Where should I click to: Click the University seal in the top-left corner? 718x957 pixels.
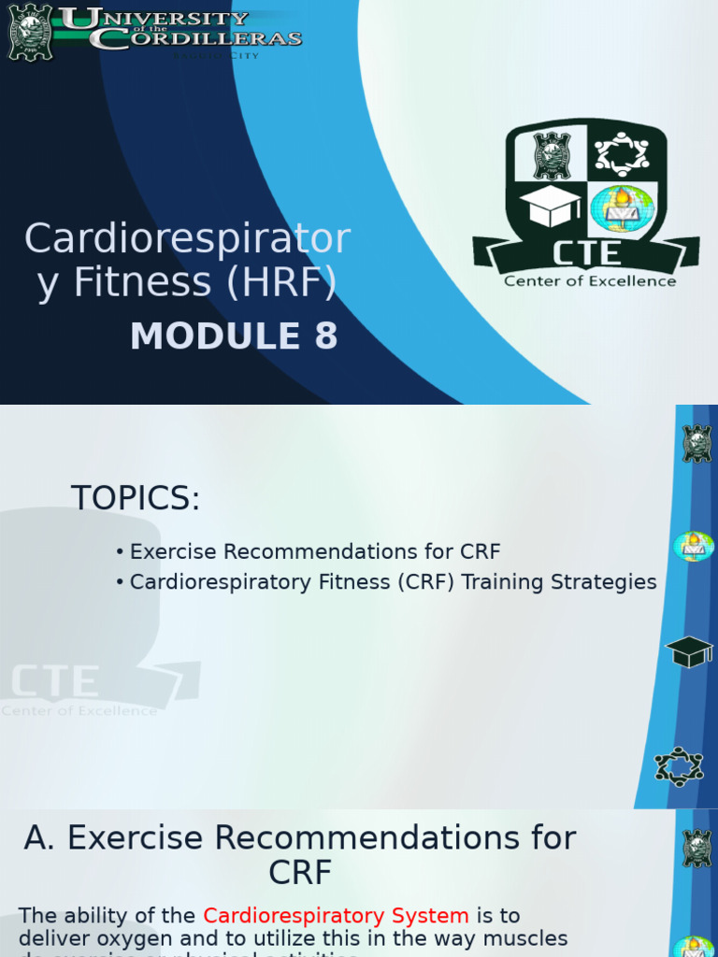click(31, 32)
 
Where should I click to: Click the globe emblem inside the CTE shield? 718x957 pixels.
click(621, 207)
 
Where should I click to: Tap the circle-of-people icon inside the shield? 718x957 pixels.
click(622, 153)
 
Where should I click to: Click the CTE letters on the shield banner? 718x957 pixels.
click(585, 252)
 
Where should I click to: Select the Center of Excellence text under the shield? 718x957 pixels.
click(590, 280)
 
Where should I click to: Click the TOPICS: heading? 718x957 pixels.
click(136, 499)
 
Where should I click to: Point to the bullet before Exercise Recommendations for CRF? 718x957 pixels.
click(121, 552)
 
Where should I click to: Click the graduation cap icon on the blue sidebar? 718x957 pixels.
click(690, 651)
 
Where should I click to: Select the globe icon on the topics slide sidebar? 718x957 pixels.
click(694, 546)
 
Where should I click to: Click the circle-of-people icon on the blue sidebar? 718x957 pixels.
click(679, 766)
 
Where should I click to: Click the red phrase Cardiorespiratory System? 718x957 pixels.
click(336, 916)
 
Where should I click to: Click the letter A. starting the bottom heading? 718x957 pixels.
click(40, 838)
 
